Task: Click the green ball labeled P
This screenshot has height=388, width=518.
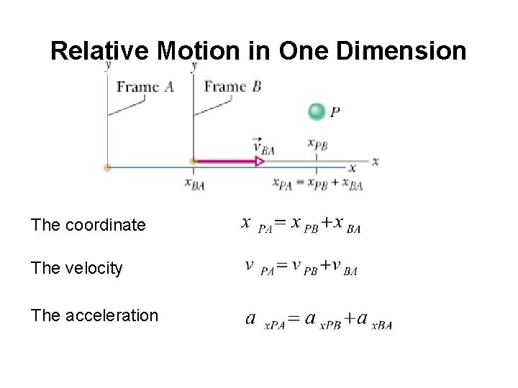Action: [317, 111]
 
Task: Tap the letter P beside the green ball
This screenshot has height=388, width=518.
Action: [335, 112]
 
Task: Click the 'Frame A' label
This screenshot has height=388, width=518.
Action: [145, 87]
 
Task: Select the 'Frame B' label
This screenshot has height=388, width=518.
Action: [232, 87]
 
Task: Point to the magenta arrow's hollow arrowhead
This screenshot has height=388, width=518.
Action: [258, 162]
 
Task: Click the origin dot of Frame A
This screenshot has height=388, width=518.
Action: [107, 167]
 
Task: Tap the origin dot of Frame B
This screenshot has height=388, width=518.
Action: [193, 162]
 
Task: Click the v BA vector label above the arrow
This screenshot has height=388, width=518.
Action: [263, 146]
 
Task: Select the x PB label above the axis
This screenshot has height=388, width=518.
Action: [317, 144]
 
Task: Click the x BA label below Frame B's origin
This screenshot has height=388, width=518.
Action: [194, 183]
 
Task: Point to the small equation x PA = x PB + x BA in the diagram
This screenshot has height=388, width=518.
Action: [317, 183]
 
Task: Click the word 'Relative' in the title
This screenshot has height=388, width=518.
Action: [101, 51]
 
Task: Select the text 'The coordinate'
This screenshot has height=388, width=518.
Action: [88, 225]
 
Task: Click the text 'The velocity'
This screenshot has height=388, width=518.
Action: [77, 268]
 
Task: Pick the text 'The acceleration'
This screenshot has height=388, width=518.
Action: [94, 315]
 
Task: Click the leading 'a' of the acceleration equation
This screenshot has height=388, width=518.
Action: [251, 318]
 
